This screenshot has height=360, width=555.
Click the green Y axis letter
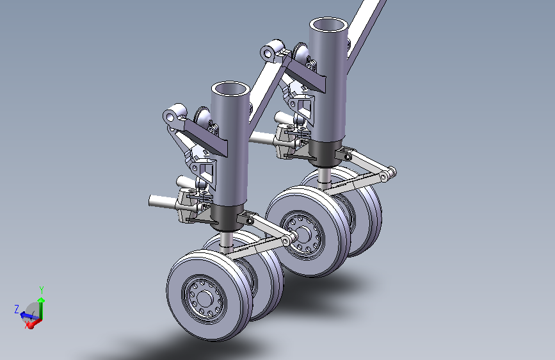click(42, 290)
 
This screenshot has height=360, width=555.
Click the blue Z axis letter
click(17, 309)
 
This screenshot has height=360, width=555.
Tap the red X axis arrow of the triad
click(34, 323)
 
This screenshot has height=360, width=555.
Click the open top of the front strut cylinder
click(230, 88)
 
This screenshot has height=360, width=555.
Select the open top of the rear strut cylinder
click(328, 25)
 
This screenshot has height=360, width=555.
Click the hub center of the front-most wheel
click(204, 298)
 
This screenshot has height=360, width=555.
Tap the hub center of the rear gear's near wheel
click(303, 234)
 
